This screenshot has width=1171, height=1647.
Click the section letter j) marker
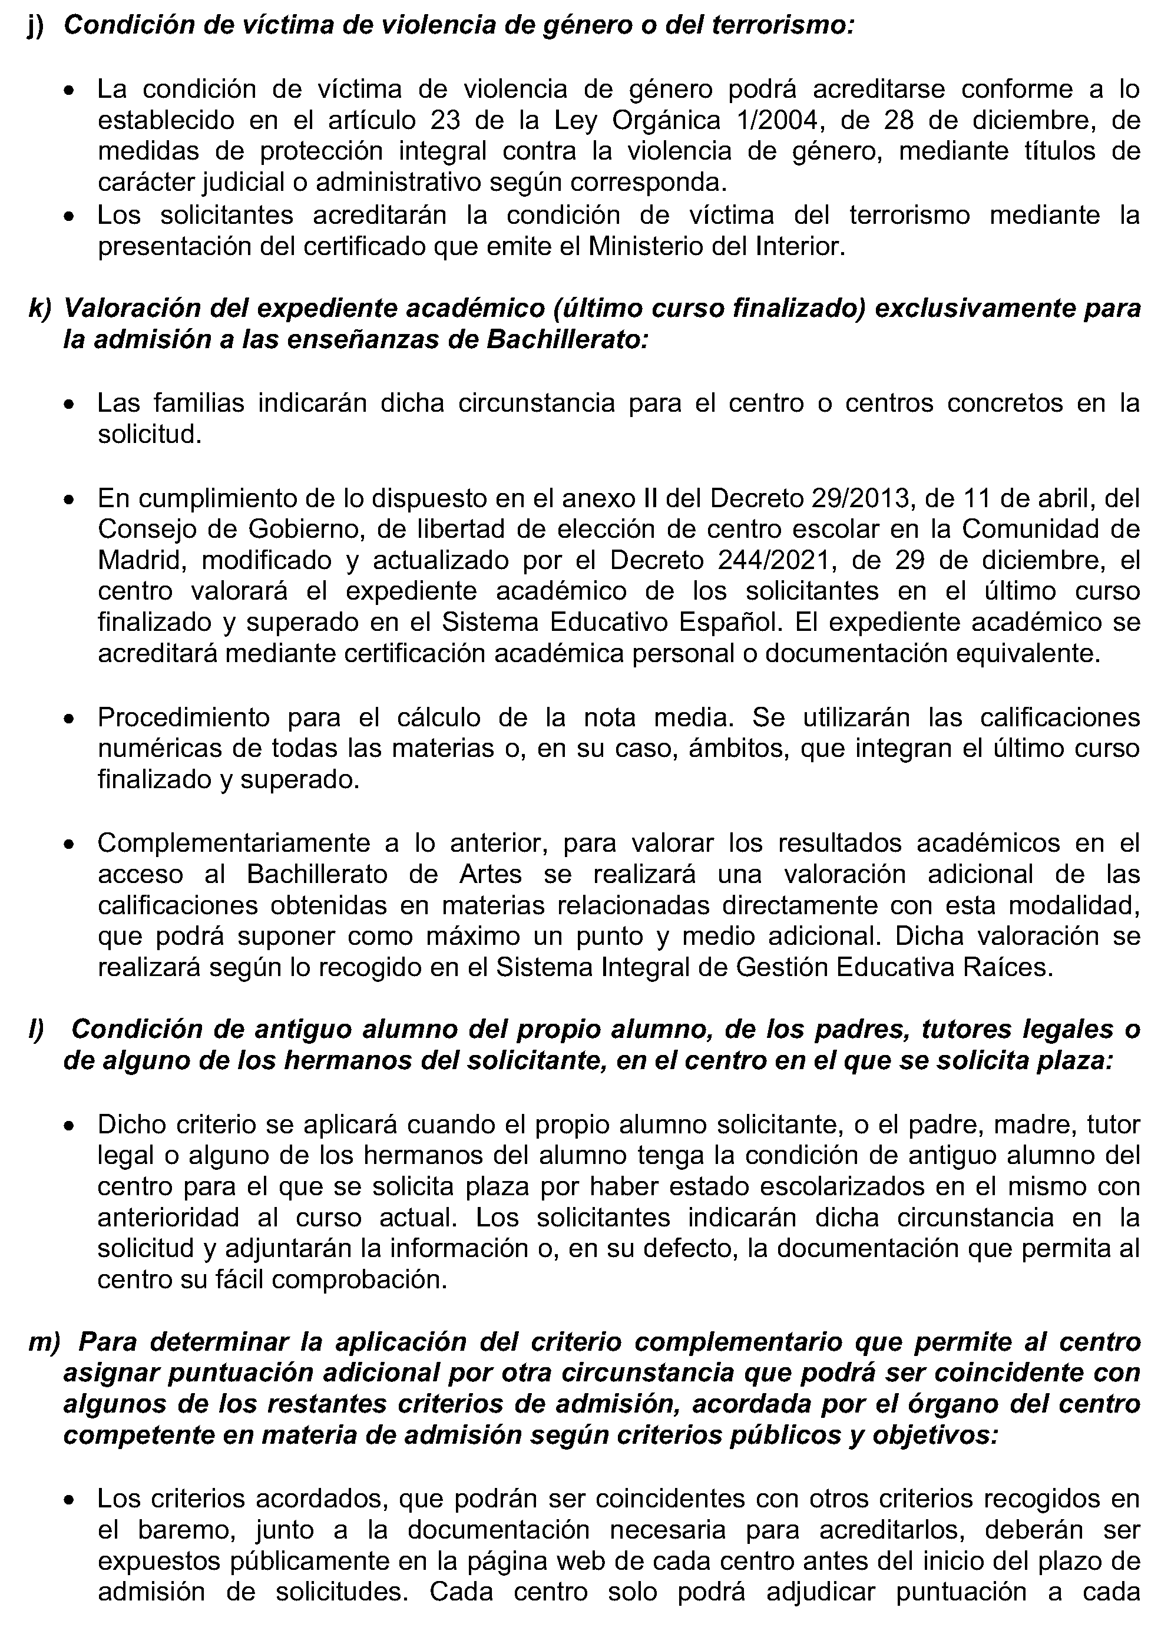click(x=35, y=26)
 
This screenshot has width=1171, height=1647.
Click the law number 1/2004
click(x=778, y=120)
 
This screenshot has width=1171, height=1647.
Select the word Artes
click(x=490, y=874)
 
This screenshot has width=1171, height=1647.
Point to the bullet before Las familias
click(x=68, y=406)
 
